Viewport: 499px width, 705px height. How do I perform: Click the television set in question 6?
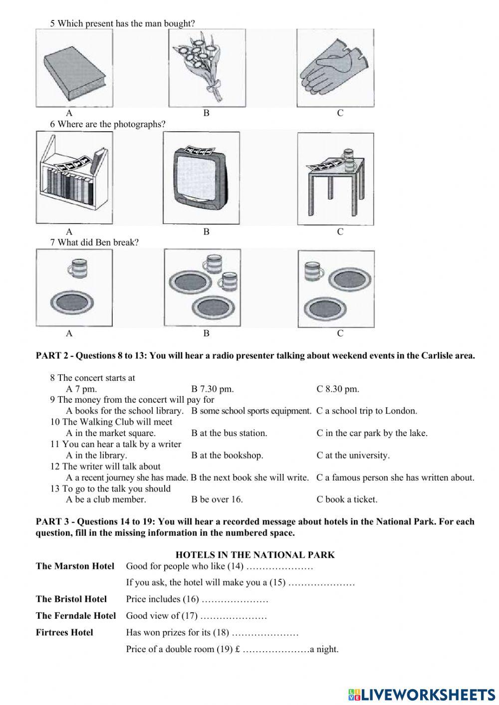pos(200,178)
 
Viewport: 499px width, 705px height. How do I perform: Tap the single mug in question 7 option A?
pos(77,268)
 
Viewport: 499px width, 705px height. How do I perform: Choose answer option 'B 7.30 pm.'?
pos(212,389)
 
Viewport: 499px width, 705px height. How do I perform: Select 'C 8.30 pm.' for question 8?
pos(337,389)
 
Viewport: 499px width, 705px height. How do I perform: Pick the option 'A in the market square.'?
pos(111,433)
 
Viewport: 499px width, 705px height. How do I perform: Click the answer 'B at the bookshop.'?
pos(227,455)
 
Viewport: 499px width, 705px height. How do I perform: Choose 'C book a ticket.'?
pos(347,499)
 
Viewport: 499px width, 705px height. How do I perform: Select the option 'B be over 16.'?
pos(217,499)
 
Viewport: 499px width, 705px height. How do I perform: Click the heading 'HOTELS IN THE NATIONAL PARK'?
pos(255,555)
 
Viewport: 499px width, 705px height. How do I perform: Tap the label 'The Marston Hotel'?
pos(75,566)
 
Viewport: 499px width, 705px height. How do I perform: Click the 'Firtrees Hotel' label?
pos(64,633)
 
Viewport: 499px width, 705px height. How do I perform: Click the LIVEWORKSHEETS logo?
pos(421,694)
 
